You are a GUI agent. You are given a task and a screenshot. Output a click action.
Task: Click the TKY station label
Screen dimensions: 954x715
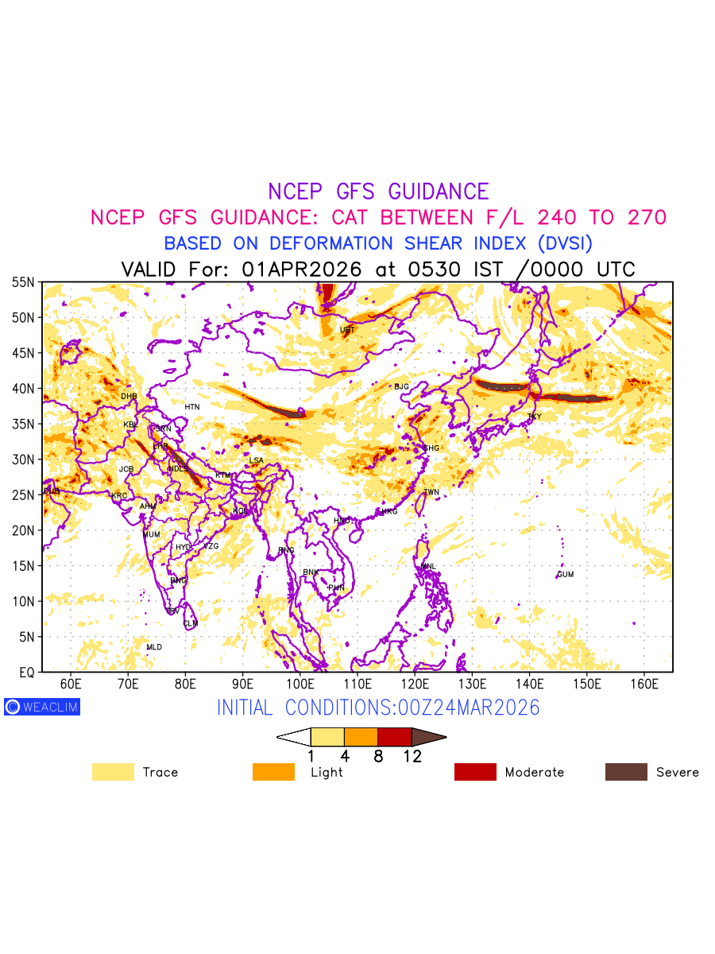pyautogui.click(x=534, y=417)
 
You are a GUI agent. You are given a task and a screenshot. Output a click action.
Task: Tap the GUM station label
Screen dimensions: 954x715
pyautogui.click(x=565, y=574)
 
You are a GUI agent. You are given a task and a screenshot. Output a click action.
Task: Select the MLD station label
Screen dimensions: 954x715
pyautogui.click(x=154, y=647)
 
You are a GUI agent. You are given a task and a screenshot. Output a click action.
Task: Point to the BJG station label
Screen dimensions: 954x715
pyautogui.click(x=401, y=386)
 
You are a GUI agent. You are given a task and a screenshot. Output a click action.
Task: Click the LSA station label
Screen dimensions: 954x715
pyautogui.click(x=256, y=460)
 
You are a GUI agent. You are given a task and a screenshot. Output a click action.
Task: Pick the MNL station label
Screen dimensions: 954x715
pyautogui.click(x=428, y=566)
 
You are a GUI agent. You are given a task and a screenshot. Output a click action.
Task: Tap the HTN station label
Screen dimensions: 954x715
pyautogui.click(x=192, y=407)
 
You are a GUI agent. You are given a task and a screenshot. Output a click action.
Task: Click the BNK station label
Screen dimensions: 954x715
pyautogui.click(x=311, y=572)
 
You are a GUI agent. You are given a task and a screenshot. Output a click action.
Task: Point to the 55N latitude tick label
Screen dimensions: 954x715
pyautogui.click(x=23, y=282)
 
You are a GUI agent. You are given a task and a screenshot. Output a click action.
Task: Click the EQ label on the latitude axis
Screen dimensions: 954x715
pyautogui.click(x=26, y=673)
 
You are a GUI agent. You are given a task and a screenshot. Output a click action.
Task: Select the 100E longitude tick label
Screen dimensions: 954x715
pyautogui.click(x=300, y=684)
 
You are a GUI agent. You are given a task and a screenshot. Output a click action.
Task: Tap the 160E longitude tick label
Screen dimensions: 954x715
pyautogui.click(x=644, y=684)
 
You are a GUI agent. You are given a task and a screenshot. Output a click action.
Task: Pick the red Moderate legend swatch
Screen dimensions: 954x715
pyautogui.click(x=475, y=772)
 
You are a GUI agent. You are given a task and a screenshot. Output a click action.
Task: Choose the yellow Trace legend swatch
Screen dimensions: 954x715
pyautogui.click(x=113, y=772)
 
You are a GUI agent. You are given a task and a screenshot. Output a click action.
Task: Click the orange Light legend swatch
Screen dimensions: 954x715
pyautogui.click(x=273, y=772)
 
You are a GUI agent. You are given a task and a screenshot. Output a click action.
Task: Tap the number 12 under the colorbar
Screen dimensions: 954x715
pyautogui.click(x=412, y=757)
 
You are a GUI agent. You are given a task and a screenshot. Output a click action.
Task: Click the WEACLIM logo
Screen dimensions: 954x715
pyautogui.click(x=42, y=706)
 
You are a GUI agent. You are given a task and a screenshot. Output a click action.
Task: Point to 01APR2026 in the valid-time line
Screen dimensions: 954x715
pyautogui.click(x=302, y=270)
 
